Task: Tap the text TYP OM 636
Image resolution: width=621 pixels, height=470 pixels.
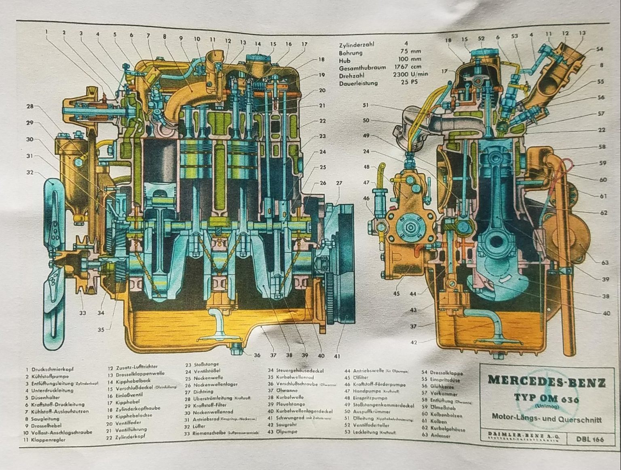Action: click(x=547, y=398)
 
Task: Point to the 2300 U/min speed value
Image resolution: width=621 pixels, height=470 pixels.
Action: click(x=410, y=75)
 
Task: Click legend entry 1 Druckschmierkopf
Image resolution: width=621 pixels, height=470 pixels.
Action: click(x=49, y=369)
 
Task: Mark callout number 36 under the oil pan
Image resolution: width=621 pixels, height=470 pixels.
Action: click(x=257, y=356)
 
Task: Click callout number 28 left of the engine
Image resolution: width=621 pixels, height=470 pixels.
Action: click(x=30, y=107)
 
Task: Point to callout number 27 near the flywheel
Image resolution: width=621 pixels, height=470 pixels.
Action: click(x=339, y=183)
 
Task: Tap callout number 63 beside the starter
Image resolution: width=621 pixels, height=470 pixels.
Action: click(x=604, y=263)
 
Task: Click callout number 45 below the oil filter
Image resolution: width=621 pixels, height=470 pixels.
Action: click(x=396, y=294)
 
